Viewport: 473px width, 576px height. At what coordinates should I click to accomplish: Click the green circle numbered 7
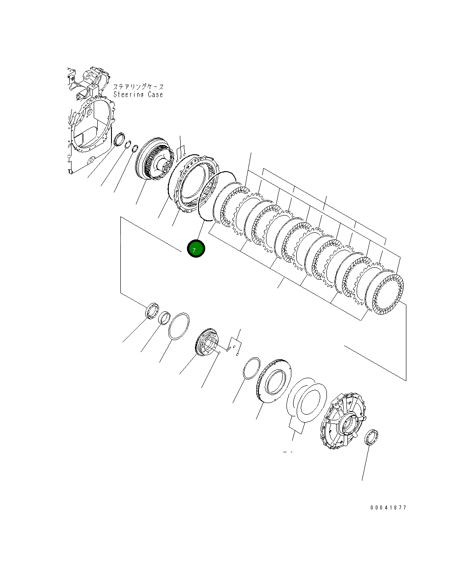196,249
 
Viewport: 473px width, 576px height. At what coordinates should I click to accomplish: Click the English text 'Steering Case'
138,95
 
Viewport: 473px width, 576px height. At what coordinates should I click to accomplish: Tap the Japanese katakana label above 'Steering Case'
138,87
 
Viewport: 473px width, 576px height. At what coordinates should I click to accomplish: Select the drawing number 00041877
388,508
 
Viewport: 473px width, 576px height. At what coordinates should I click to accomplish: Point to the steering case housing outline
91,124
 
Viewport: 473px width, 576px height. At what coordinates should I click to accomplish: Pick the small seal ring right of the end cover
370,436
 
